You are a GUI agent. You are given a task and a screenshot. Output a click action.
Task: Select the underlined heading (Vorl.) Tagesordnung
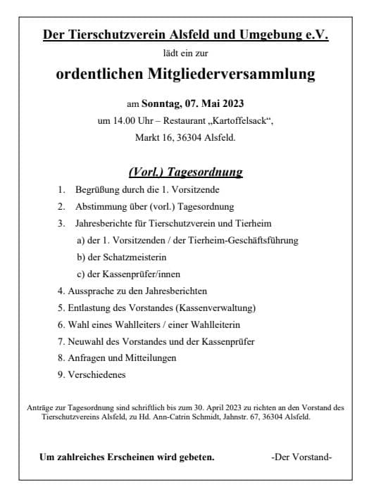tap(185, 171)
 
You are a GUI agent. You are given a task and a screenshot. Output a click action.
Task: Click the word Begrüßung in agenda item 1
tap(101, 190)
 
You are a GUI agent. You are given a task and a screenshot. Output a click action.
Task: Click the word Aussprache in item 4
tap(93, 290)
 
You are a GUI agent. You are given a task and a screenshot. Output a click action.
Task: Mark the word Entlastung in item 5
tap(94, 307)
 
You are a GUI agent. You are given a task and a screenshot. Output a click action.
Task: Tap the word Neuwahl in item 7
tap(87, 341)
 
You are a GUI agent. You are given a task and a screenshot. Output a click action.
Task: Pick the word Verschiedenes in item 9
tap(97, 374)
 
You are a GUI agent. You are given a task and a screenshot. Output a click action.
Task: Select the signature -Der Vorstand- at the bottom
tap(301, 457)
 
